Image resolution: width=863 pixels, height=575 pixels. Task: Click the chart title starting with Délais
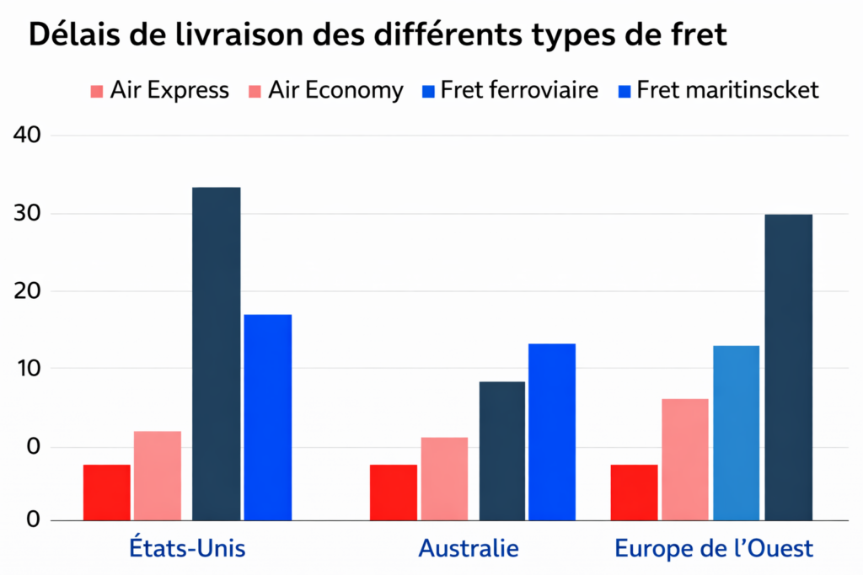378,36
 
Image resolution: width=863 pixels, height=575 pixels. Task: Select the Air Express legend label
169,90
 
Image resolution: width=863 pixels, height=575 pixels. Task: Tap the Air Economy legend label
335,90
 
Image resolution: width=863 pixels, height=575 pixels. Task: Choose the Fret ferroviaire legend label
518,90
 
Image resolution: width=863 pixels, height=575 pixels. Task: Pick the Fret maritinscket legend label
727,90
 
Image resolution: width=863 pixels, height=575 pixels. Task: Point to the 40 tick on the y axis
28,136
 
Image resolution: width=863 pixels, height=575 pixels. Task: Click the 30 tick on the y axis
28,214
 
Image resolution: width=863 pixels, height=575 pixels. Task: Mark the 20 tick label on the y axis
28,291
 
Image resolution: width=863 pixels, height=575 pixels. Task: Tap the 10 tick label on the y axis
28,369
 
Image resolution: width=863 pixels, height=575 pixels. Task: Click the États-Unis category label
187,550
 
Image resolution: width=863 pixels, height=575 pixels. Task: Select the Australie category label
469,550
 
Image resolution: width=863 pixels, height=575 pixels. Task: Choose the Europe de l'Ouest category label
714,550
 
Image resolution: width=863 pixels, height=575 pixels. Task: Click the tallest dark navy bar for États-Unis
217,354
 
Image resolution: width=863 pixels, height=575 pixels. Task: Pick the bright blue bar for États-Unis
267,417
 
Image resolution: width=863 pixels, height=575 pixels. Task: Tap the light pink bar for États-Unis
158,476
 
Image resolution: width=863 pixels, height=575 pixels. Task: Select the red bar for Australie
394,492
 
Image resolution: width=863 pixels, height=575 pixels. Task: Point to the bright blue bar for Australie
551,432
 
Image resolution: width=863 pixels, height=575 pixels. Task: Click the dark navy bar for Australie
502,450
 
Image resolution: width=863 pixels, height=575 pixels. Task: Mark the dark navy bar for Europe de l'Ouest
789,367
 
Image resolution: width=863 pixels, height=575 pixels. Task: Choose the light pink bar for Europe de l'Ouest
684,459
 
